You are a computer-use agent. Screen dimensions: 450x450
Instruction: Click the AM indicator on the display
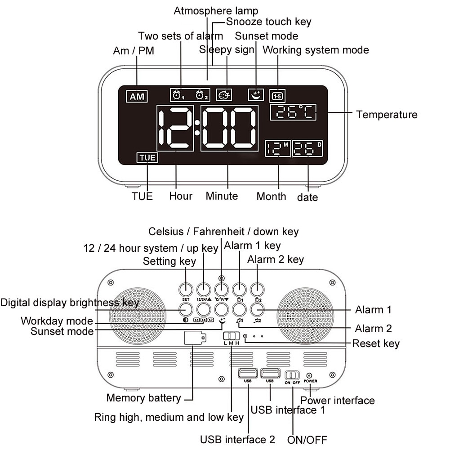pos(137,96)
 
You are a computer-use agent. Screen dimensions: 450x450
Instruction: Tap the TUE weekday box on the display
pos(147,157)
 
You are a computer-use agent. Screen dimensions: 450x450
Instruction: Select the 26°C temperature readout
pos(293,112)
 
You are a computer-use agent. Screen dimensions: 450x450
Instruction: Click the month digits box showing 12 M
pos(278,148)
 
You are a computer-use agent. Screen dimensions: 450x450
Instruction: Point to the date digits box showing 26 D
pos(308,148)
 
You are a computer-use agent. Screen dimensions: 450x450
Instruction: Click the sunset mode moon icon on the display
pos(256,94)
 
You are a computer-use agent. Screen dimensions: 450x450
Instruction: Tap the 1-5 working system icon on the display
pos(277,96)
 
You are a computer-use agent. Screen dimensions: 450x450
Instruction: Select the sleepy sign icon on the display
pos(224,94)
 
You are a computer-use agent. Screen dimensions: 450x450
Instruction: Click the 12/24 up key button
pos(203,289)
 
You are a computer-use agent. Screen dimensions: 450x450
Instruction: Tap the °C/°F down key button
pos(221,289)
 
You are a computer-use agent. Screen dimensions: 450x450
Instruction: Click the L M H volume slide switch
pos(232,336)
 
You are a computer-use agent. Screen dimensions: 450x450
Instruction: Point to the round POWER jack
pos(309,375)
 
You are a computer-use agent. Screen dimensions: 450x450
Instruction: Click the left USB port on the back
pos(247,373)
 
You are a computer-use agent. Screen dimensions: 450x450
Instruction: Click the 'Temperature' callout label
pos(387,115)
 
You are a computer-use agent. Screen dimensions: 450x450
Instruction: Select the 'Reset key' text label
pos(375,344)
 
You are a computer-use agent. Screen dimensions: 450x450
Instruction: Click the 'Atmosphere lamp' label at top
pos(216,11)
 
